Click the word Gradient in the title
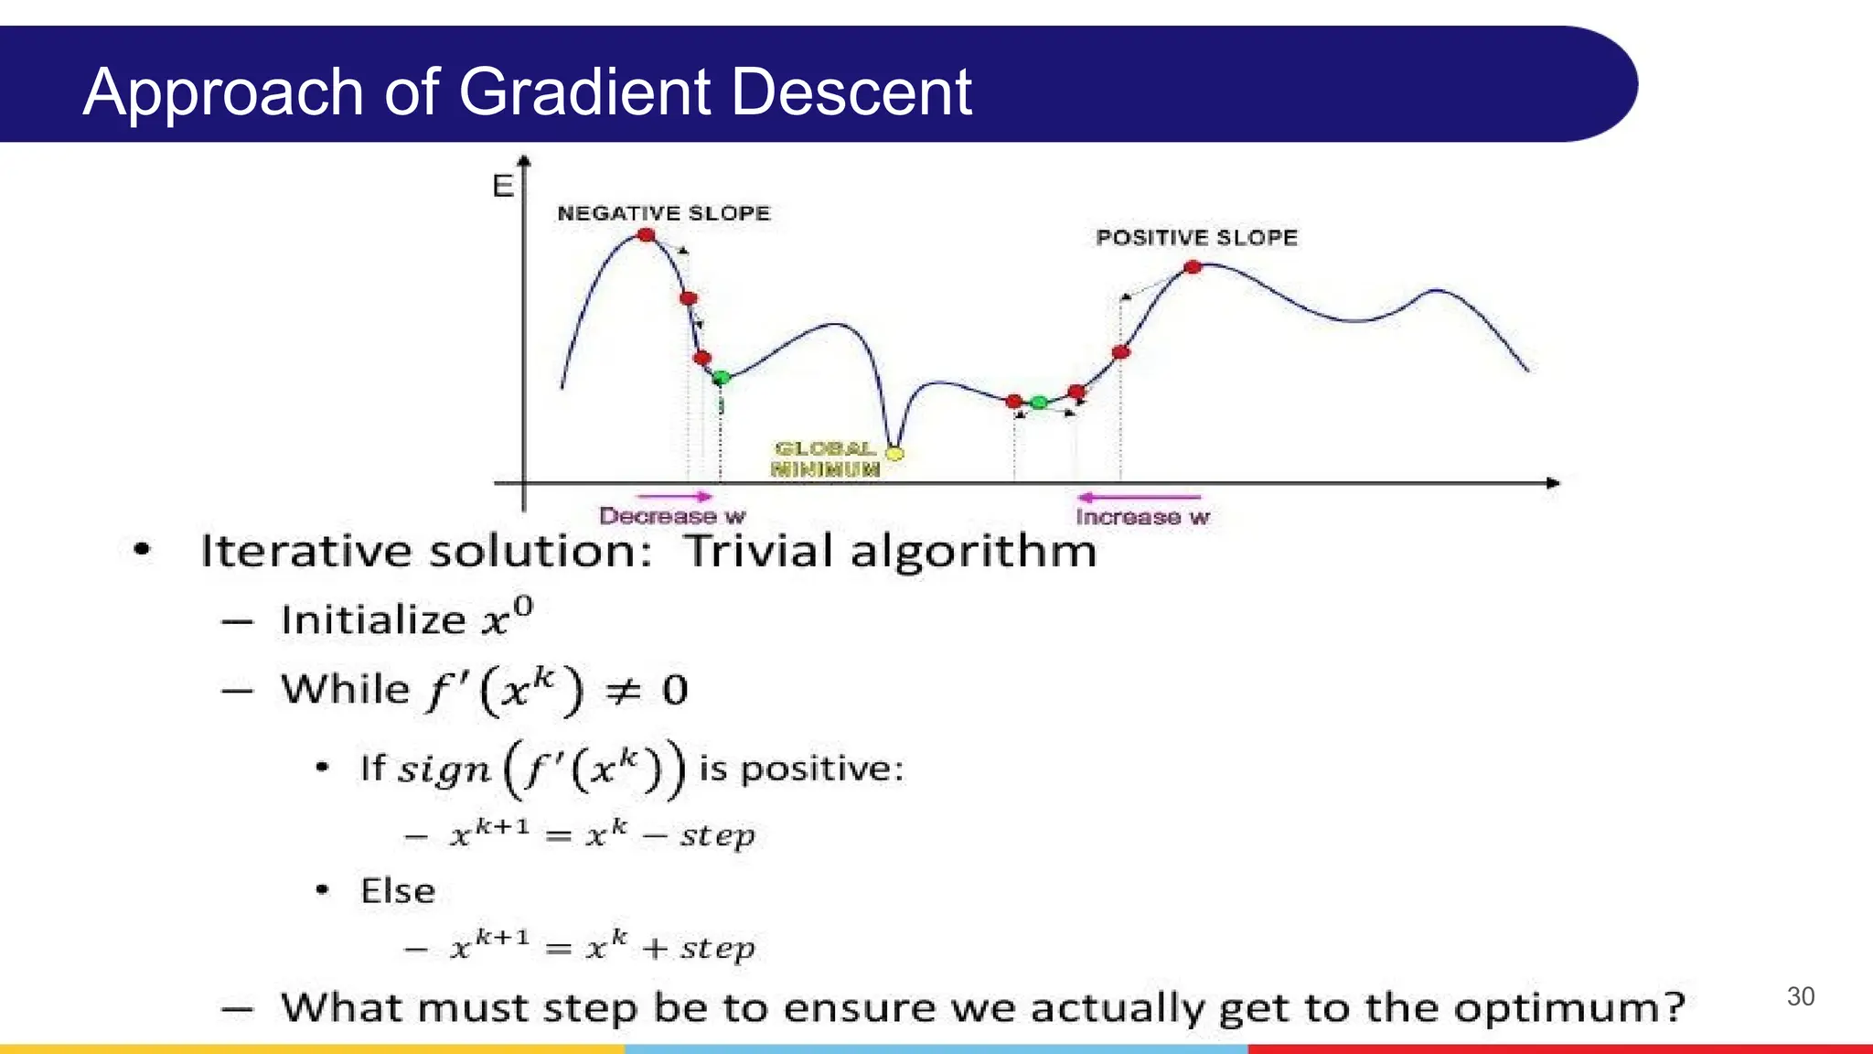point(584,92)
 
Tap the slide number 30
point(1800,996)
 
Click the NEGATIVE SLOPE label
point(663,213)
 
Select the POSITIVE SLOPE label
point(1196,238)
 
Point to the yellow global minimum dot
point(895,453)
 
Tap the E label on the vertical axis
point(502,187)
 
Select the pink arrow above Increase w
point(1138,497)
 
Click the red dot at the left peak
point(647,235)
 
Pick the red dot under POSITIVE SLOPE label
point(1193,267)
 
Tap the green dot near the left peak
point(721,377)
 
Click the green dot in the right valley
point(1039,403)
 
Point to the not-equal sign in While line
point(624,691)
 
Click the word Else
point(398,891)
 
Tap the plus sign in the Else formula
point(654,949)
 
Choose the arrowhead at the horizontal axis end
point(1553,482)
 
